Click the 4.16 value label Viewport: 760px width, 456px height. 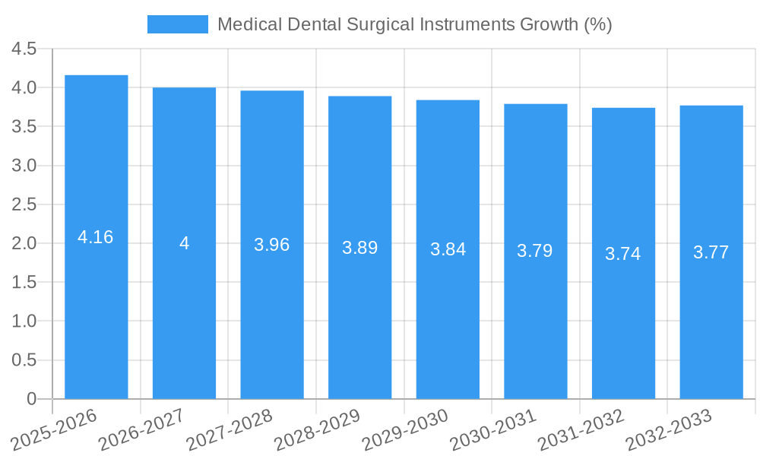point(96,237)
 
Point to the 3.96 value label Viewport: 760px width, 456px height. point(272,245)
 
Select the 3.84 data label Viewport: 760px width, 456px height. point(448,249)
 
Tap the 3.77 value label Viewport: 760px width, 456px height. point(711,252)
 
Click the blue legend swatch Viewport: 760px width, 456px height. point(177,24)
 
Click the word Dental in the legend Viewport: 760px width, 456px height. point(314,24)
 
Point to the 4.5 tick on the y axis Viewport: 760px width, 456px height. point(24,49)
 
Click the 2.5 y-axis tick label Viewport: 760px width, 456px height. point(24,204)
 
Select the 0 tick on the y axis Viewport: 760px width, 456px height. point(31,399)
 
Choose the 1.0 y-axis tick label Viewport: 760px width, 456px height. point(24,321)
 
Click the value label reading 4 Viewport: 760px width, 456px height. point(184,243)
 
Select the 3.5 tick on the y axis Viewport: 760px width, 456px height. point(24,127)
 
